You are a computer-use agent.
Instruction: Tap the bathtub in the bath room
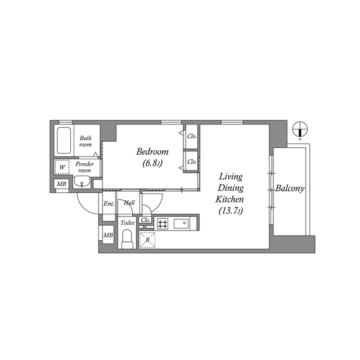point(63,141)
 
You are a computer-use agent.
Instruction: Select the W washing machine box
point(61,167)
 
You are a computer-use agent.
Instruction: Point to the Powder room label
point(84,167)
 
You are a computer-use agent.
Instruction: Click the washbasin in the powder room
point(83,182)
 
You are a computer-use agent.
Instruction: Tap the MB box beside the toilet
point(107,235)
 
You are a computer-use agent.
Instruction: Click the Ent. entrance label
point(109,204)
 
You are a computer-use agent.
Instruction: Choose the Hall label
point(129,203)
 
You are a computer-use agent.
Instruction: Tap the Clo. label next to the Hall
point(145,220)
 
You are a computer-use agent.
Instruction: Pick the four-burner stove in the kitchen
point(163,223)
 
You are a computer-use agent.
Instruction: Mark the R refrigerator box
point(147,240)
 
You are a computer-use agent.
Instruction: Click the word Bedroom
point(153,152)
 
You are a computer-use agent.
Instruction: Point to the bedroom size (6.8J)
point(152,164)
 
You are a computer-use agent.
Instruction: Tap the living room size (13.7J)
point(231,211)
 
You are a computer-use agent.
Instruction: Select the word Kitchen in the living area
point(231,200)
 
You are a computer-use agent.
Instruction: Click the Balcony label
point(290,189)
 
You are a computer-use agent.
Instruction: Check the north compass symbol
point(300,129)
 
